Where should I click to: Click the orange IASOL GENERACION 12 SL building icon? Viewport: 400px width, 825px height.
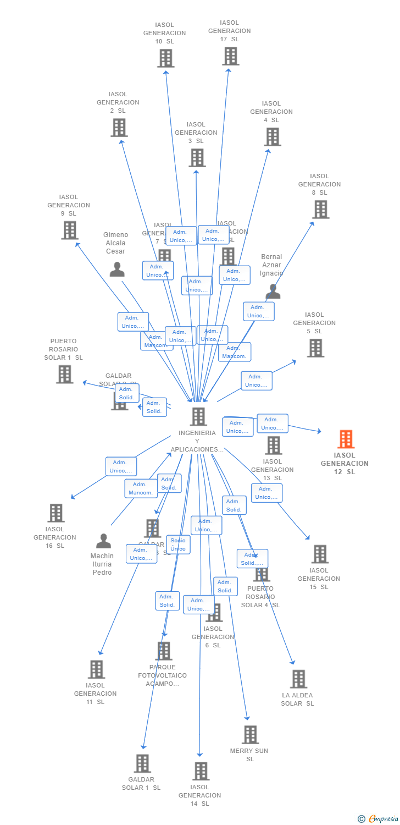point(346,439)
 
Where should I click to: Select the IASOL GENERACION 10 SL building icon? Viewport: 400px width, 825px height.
point(165,58)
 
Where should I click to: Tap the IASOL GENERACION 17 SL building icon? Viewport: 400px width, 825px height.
point(230,56)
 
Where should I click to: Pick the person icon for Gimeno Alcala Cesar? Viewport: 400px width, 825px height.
point(116,269)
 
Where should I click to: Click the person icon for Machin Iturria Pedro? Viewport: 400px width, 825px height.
point(103,541)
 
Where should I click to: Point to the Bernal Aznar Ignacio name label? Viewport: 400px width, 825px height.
point(271,265)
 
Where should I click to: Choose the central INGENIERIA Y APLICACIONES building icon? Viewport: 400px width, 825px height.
point(198,416)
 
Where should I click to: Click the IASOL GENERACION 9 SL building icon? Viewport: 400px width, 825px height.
point(69,230)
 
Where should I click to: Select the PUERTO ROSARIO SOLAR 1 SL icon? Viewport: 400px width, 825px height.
point(64,374)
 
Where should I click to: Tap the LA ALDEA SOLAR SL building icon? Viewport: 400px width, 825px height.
point(298,679)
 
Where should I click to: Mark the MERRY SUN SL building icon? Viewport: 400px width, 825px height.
point(250,734)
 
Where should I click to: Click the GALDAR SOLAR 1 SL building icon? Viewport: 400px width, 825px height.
point(142,763)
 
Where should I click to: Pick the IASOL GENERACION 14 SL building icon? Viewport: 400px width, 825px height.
point(201,771)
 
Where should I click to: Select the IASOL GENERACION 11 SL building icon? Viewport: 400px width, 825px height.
point(97,669)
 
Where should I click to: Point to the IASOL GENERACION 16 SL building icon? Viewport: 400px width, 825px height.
point(55,513)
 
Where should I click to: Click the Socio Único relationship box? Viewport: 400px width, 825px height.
point(178,544)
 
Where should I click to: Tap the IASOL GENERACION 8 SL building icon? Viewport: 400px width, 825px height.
point(320,210)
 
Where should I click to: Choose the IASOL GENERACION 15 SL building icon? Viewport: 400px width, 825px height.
point(320,554)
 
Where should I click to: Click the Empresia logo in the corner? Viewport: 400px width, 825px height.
point(379,819)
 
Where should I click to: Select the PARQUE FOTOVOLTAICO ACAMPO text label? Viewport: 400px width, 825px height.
point(162,675)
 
